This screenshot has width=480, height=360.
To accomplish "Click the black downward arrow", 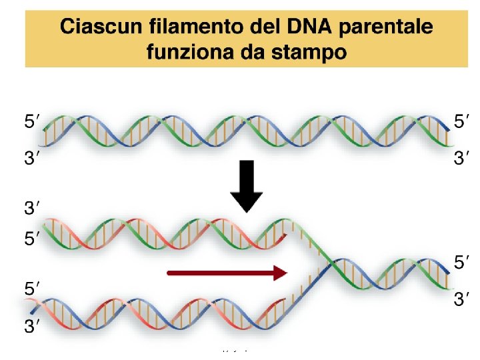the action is click(x=247, y=186).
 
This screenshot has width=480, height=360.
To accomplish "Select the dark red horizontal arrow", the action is click(x=227, y=272).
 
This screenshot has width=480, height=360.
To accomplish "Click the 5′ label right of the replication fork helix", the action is click(x=461, y=263).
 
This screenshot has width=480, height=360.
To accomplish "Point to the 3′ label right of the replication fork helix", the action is click(x=461, y=300).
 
